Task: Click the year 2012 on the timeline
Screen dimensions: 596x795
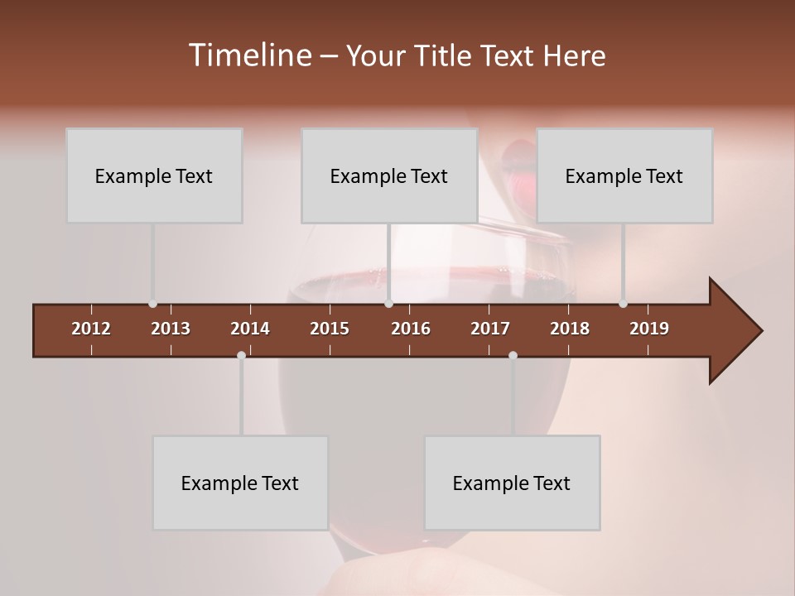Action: click(91, 329)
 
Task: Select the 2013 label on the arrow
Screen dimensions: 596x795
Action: click(171, 329)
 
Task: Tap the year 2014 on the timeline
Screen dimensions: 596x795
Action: click(250, 329)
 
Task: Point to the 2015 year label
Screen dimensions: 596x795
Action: click(330, 329)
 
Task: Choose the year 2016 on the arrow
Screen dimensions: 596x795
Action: click(411, 329)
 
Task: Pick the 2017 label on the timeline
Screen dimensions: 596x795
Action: click(490, 329)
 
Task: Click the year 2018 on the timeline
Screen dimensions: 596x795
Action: click(570, 329)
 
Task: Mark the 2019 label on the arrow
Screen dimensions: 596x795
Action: click(649, 329)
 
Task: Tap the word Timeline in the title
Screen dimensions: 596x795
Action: click(249, 55)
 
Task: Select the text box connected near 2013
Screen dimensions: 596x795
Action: click(154, 175)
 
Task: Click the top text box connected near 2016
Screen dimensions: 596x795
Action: click(389, 175)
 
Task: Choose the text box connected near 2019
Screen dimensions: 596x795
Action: click(624, 175)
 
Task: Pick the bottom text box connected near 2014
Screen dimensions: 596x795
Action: click(240, 483)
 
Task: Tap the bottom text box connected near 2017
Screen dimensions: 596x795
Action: click(512, 483)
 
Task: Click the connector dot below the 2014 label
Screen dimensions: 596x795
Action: click(241, 355)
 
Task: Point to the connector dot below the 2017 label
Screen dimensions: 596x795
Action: click(513, 355)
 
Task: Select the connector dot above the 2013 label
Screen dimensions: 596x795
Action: click(152, 304)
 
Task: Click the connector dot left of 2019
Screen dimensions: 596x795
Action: click(624, 304)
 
